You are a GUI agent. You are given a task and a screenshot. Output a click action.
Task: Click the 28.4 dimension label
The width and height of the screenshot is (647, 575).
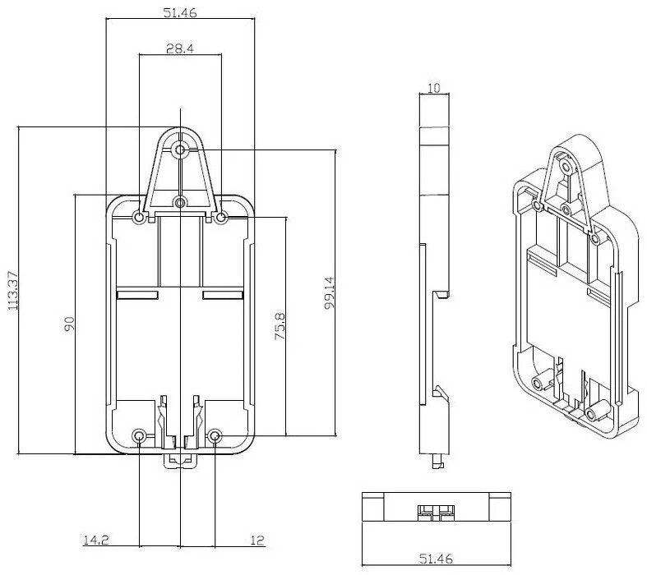[179, 49]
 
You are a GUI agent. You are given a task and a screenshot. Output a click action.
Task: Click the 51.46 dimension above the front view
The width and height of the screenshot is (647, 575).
[179, 13]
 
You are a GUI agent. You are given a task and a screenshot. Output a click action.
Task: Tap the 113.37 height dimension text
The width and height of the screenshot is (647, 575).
[12, 291]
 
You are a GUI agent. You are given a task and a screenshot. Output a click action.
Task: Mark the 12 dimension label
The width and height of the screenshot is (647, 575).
[257, 540]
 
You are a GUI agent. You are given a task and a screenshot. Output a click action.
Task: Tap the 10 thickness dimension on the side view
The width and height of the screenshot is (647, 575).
[435, 87]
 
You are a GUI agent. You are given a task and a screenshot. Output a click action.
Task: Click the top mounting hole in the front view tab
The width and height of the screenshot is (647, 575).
[180, 149]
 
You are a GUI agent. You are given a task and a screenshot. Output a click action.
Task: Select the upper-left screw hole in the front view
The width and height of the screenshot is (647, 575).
[139, 217]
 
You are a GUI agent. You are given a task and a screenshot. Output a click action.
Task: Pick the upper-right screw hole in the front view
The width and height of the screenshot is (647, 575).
[221, 217]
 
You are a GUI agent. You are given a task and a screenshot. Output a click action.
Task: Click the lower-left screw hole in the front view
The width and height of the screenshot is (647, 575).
[139, 435]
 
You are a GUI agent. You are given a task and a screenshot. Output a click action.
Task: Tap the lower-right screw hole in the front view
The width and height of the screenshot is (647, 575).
[215, 435]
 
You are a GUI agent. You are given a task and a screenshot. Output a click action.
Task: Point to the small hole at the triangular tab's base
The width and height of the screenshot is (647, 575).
[180, 202]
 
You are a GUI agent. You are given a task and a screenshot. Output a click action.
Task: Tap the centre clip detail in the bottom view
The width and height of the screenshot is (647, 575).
[435, 513]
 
